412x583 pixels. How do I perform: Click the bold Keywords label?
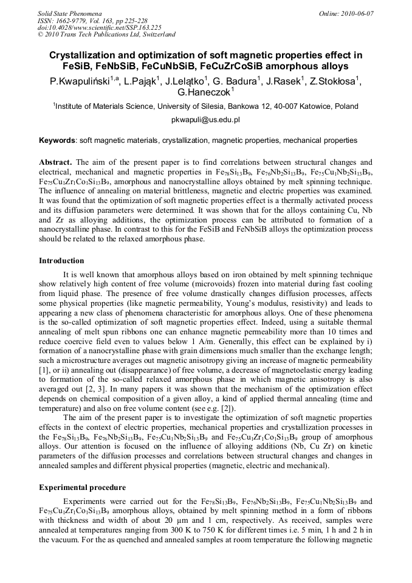click(58, 140)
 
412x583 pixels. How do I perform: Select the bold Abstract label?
click(55, 162)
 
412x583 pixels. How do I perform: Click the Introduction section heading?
click(61, 261)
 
